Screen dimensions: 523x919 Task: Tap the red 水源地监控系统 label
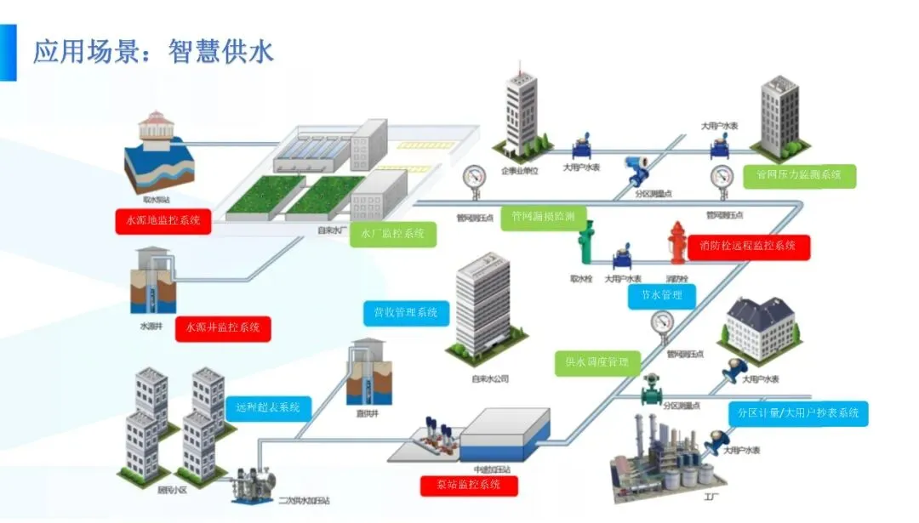[163, 221]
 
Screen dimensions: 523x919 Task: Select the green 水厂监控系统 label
[393, 234]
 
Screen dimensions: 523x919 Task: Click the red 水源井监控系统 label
[223, 328]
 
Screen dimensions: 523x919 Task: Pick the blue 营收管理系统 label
[406, 313]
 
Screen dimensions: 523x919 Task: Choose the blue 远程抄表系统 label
[268, 408]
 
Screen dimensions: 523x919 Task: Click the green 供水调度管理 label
[596, 362]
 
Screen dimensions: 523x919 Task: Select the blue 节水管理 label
[662, 296]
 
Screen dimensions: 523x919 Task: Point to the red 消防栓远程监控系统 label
[749, 247]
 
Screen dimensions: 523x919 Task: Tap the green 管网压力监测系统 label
[799, 175]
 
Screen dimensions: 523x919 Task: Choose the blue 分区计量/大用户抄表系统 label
[798, 413]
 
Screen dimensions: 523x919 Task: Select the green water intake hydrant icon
[585, 247]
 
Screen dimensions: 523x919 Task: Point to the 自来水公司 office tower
[482, 306]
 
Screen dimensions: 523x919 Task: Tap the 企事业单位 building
[521, 110]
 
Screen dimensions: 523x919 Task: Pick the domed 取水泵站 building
[157, 150]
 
